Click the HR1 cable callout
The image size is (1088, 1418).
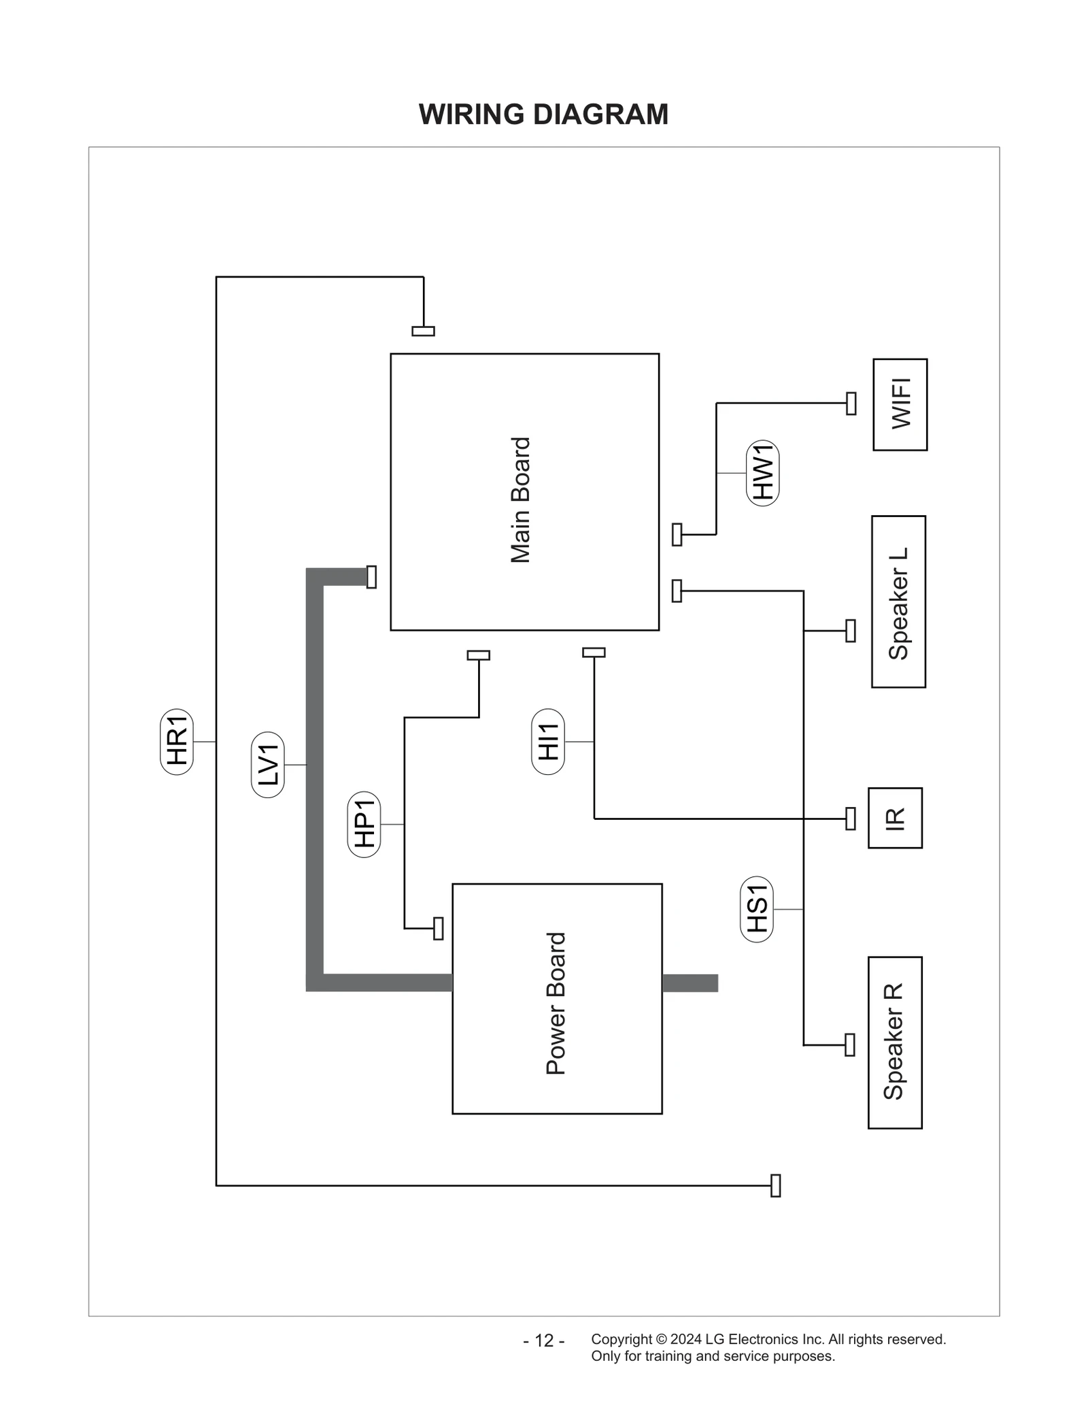pyautogui.click(x=177, y=742)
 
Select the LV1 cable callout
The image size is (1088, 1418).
pyautogui.click(x=268, y=765)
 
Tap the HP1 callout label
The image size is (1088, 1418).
pyautogui.click(x=364, y=824)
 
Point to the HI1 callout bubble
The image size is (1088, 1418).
pyautogui.click(x=547, y=741)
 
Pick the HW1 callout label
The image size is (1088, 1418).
pyautogui.click(x=762, y=473)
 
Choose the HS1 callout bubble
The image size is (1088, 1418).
pyautogui.click(x=756, y=909)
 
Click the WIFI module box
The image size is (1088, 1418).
pyautogui.click(x=900, y=404)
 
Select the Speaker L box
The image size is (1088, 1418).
pyautogui.click(x=898, y=601)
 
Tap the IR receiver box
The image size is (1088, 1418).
pyautogui.click(x=895, y=818)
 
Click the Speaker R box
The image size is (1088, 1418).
pyautogui.click(x=895, y=1042)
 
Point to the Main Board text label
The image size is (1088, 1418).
pyautogui.click(x=520, y=499)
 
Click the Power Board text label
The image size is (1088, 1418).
pyautogui.click(x=556, y=1003)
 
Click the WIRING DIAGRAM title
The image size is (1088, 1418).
pyautogui.click(x=543, y=114)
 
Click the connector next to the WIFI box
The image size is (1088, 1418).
pyautogui.click(x=851, y=403)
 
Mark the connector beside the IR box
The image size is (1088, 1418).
pyautogui.click(x=850, y=819)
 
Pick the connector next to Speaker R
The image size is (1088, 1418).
pyautogui.click(x=849, y=1044)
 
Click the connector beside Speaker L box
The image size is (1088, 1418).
pyautogui.click(x=850, y=631)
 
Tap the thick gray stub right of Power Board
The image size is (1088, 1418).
pyautogui.click(x=690, y=983)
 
